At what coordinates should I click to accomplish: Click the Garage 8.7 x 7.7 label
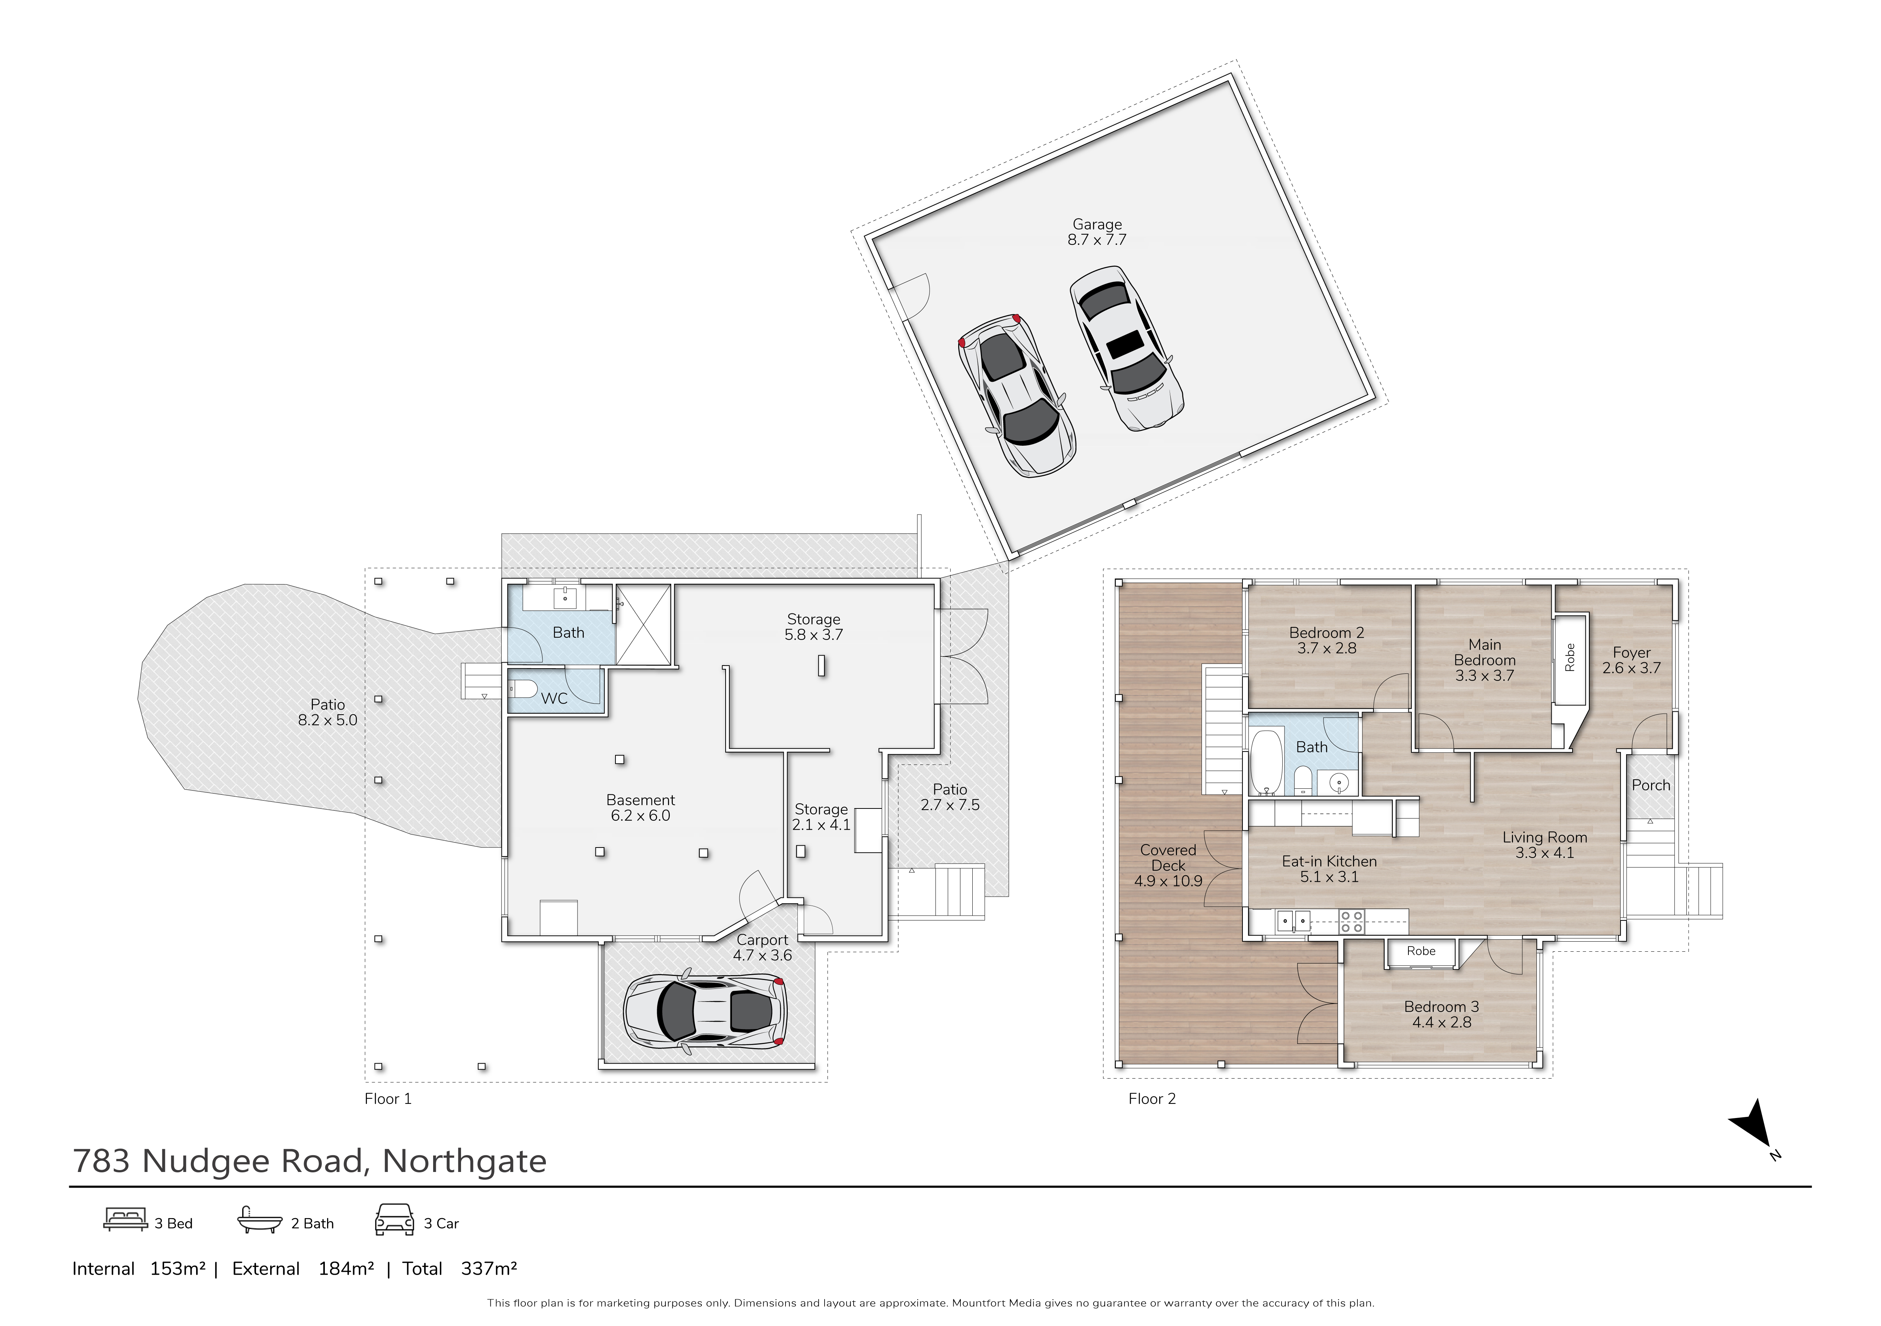pos(1097,232)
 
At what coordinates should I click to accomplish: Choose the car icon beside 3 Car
pos(394,1220)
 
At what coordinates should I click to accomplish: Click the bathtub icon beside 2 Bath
pos(259,1220)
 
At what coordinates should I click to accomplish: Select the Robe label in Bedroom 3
pos(1421,951)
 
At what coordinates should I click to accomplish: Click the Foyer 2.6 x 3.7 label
pos(1631,660)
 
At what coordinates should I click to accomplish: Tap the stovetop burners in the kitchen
pos(1351,922)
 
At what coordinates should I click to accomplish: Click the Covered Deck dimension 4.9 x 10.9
pos(1168,881)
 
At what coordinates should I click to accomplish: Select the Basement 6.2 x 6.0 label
pos(641,808)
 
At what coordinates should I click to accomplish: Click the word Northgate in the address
pos(464,1160)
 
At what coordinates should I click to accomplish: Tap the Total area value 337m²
pos(489,1269)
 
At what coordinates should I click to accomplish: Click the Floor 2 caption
pos(1152,1098)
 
